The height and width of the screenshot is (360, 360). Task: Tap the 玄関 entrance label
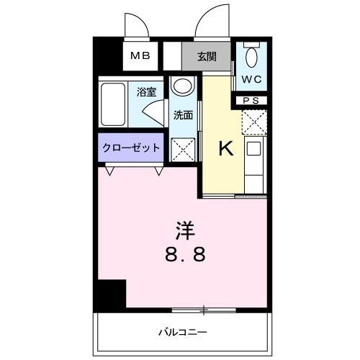click(208, 56)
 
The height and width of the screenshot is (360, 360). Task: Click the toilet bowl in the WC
click(252, 57)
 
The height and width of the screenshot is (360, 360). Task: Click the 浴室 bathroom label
click(148, 92)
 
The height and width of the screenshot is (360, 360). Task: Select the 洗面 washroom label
click(182, 114)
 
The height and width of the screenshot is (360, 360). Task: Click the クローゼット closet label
click(131, 148)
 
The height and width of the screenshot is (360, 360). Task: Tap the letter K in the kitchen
click(225, 148)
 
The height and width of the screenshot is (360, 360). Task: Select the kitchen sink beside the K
click(255, 149)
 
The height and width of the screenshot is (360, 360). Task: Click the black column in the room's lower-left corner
click(111, 294)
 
